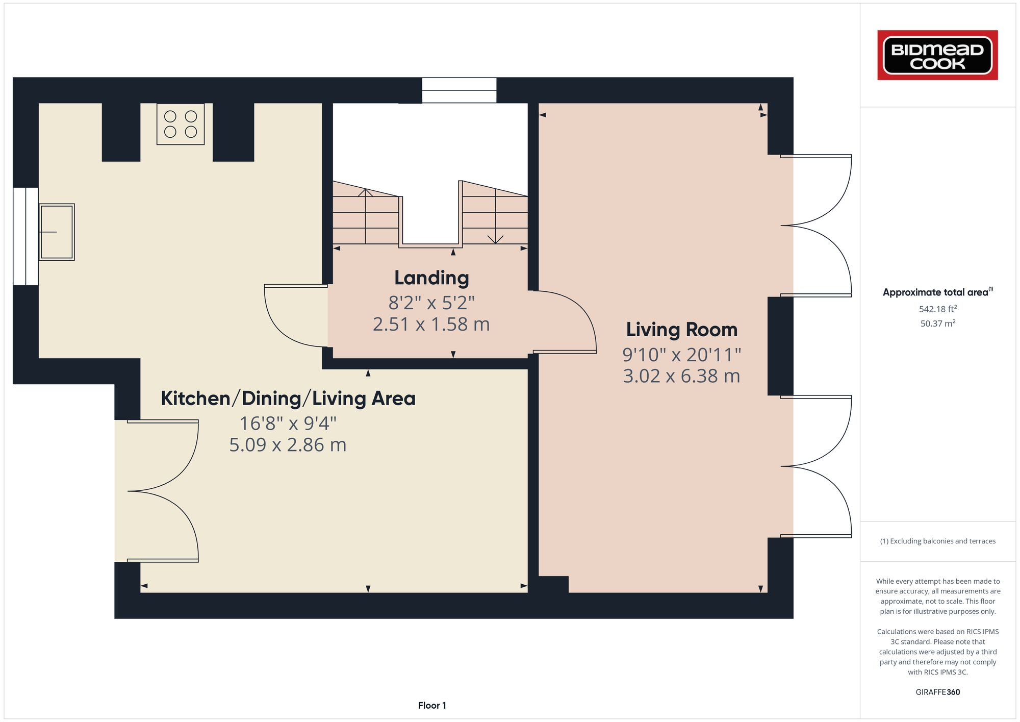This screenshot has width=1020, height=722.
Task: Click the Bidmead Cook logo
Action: click(937, 55)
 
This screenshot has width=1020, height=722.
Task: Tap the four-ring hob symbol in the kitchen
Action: click(181, 124)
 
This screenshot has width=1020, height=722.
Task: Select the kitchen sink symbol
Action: click(57, 232)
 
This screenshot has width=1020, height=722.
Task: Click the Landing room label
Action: click(431, 278)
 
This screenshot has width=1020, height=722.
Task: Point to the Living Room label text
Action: click(681, 330)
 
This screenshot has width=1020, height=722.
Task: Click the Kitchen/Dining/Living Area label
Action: click(288, 399)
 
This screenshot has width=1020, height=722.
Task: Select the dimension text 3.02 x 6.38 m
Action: click(681, 376)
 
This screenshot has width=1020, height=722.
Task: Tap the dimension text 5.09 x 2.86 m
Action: click(288, 445)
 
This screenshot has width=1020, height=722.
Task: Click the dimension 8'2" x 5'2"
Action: click(431, 303)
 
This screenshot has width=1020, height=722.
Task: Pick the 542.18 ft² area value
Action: click(937, 309)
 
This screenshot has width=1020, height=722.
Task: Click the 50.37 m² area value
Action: click(937, 323)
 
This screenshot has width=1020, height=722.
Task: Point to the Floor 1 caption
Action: click(432, 706)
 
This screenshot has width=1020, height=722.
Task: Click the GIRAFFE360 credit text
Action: click(937, 692)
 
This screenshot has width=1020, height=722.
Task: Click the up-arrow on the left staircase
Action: click(365, 193)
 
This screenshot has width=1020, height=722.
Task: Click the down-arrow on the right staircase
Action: click(495, 239)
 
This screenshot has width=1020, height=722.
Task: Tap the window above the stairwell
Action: click(459, 90)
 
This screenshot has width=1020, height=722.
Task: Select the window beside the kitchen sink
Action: click(25, 236)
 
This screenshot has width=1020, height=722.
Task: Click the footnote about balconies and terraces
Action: click(937, 541)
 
